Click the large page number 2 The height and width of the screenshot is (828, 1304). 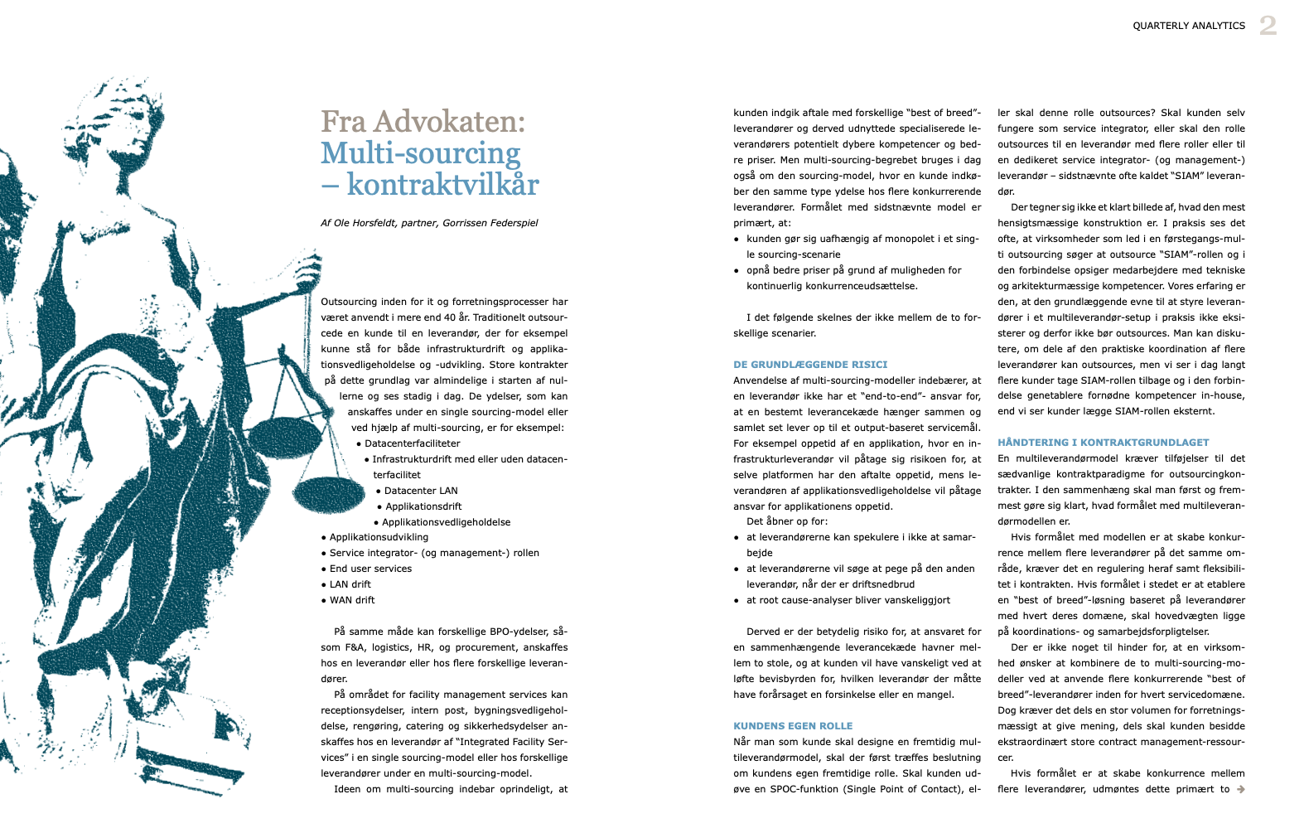(x=1268, y=26)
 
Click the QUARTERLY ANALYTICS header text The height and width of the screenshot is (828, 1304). (x=1189, y=26)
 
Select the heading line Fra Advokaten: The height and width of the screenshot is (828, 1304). (x=423, y=122)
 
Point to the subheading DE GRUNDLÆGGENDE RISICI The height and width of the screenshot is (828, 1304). (x=810, y=365)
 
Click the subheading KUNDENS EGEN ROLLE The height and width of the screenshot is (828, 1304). (x=793, y=726)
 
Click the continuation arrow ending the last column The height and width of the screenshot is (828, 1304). (x=1240, y=789)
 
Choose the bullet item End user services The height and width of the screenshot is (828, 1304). (x=370, y=569)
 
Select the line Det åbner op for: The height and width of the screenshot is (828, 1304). (x=786, y=521)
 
